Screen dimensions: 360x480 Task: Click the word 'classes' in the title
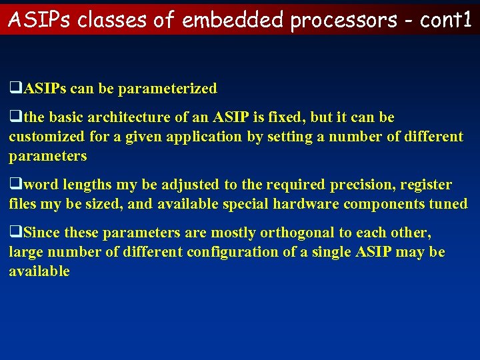coord(113,20)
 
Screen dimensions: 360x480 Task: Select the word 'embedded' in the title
coord(233,20)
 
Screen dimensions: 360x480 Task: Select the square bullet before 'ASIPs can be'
coord(13,89)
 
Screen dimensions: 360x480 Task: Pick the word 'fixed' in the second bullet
coord(287,118)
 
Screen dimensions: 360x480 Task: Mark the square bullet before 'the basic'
coord(13,118)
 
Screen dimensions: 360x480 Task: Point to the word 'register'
coord(427,185)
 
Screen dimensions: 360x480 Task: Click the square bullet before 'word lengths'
coord(13,185)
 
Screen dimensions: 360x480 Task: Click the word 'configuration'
coord(230,252)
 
